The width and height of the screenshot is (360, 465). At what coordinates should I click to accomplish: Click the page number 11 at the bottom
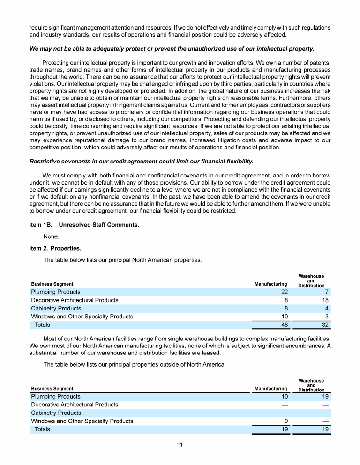pyautogui.click(x=180, y=444)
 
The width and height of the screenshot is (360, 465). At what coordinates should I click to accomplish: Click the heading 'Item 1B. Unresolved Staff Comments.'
pyautogui.click(x=84, y=225)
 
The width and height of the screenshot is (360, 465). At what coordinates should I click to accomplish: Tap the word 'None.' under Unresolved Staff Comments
pyautogui.click(x=51, y=236)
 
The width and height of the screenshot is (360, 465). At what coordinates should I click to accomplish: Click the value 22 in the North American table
pyautogui.click(x=284, y=292)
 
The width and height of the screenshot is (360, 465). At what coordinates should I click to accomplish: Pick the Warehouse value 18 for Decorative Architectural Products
pyautogui.click(x=325, y=300)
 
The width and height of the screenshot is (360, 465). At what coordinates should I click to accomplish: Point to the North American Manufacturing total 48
pyautogui.click(x=284, y=325)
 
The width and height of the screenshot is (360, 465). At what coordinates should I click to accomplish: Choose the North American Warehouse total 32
pyautogui.click(x=325, y=325)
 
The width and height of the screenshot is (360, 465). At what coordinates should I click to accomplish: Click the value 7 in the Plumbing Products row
pyautogui.click(x=327, y=292)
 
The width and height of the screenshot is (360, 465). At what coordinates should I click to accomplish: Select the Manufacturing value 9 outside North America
pyautogui.click(x=286, y=421)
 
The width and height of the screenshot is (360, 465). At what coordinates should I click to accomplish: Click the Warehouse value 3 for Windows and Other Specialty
pyautogui.click(x=327, y=317)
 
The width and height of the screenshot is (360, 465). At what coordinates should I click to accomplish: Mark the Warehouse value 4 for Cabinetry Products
pyautogui.click(x=327, y=308)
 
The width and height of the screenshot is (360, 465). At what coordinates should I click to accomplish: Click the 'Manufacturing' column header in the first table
pyautogui.click(x=270, y=284)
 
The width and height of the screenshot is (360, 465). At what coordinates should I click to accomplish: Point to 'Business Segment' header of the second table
pyautogui.click(x=52, y=388)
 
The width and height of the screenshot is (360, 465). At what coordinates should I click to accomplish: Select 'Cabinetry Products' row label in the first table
pyautogui.click(x=56, y=308)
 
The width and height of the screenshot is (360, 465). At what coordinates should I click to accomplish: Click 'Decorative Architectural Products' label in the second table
pyautogui.click(x=75, y=405)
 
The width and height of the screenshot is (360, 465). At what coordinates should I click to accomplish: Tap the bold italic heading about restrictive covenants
pyautogui.click(x=141, y=162)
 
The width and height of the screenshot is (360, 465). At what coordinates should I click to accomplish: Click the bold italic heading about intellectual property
pyautogui.click(x=172, y=49)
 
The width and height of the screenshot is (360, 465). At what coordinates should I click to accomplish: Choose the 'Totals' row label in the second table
pyautogui.click(x=42, y=429)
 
